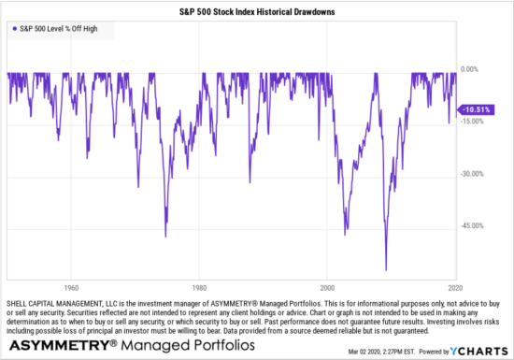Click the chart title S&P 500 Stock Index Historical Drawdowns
[257, 11]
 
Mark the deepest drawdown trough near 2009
[385, 269]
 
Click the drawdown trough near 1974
[165, 237]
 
